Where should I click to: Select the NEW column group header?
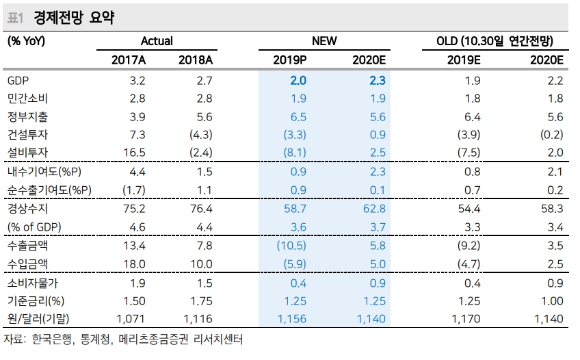324,41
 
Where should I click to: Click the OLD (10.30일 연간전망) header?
495,41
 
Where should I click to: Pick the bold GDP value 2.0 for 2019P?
298,81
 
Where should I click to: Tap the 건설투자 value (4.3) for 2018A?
200,135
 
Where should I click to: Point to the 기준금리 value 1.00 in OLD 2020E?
551,300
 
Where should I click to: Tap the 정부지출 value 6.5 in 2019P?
298,116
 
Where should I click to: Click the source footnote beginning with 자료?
123,339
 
